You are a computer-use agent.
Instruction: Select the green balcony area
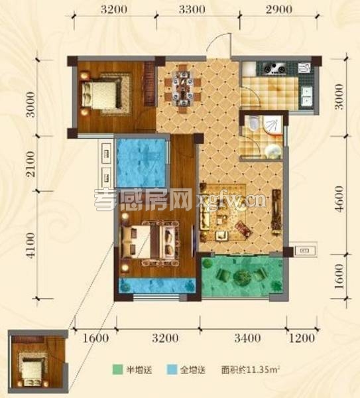click(241, 277)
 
